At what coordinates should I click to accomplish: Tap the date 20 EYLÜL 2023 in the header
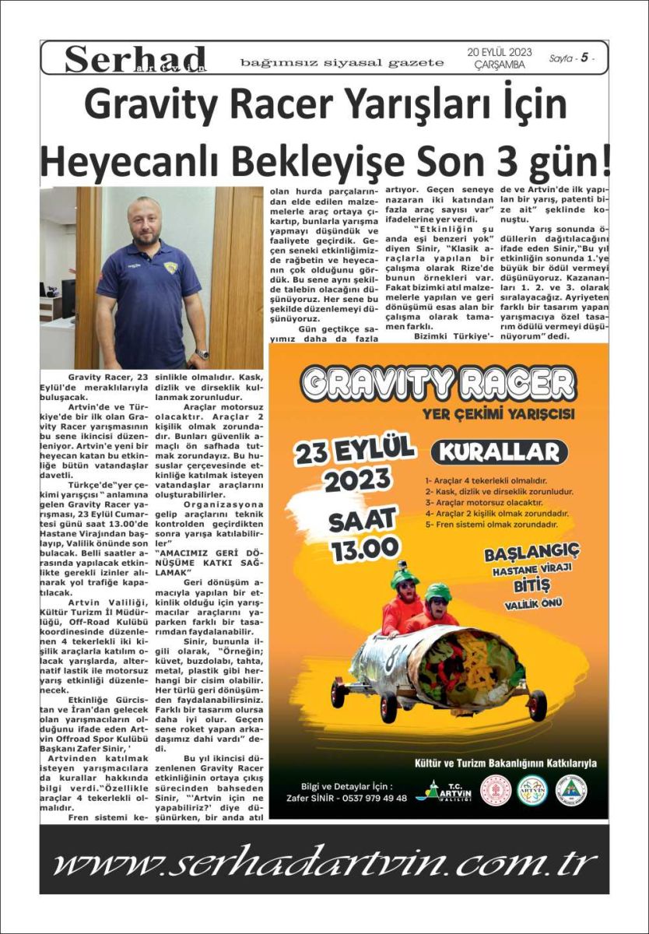pos(499,52)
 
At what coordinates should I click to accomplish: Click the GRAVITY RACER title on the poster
pos(438,383)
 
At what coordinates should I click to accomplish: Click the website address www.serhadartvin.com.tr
pos(324,862)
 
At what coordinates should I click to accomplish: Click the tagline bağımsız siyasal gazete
pos(342,62)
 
